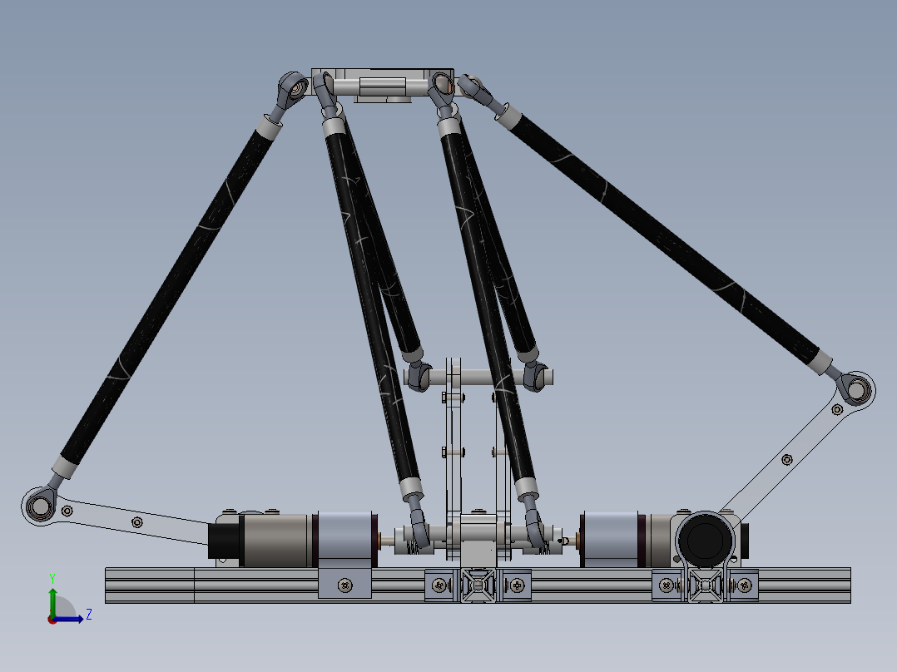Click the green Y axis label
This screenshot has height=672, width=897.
coord(52,577)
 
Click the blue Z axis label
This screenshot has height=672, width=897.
coord(88,615)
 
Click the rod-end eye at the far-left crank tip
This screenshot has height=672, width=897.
coord(37,504)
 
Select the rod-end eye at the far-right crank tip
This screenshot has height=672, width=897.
coord(855,388)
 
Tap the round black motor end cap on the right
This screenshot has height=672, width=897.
coord(706,539)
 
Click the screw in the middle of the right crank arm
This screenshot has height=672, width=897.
coord(787,459)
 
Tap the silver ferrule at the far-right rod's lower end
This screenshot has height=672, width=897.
coord(820,361)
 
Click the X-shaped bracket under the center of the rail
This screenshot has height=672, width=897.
coord(478,586)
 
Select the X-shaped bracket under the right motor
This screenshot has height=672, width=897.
coord(705,586)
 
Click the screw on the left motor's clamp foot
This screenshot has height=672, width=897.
coord(344,586)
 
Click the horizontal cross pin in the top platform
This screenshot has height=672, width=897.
coord(383,86)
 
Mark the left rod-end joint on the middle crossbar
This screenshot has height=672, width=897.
coord(418,378)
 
